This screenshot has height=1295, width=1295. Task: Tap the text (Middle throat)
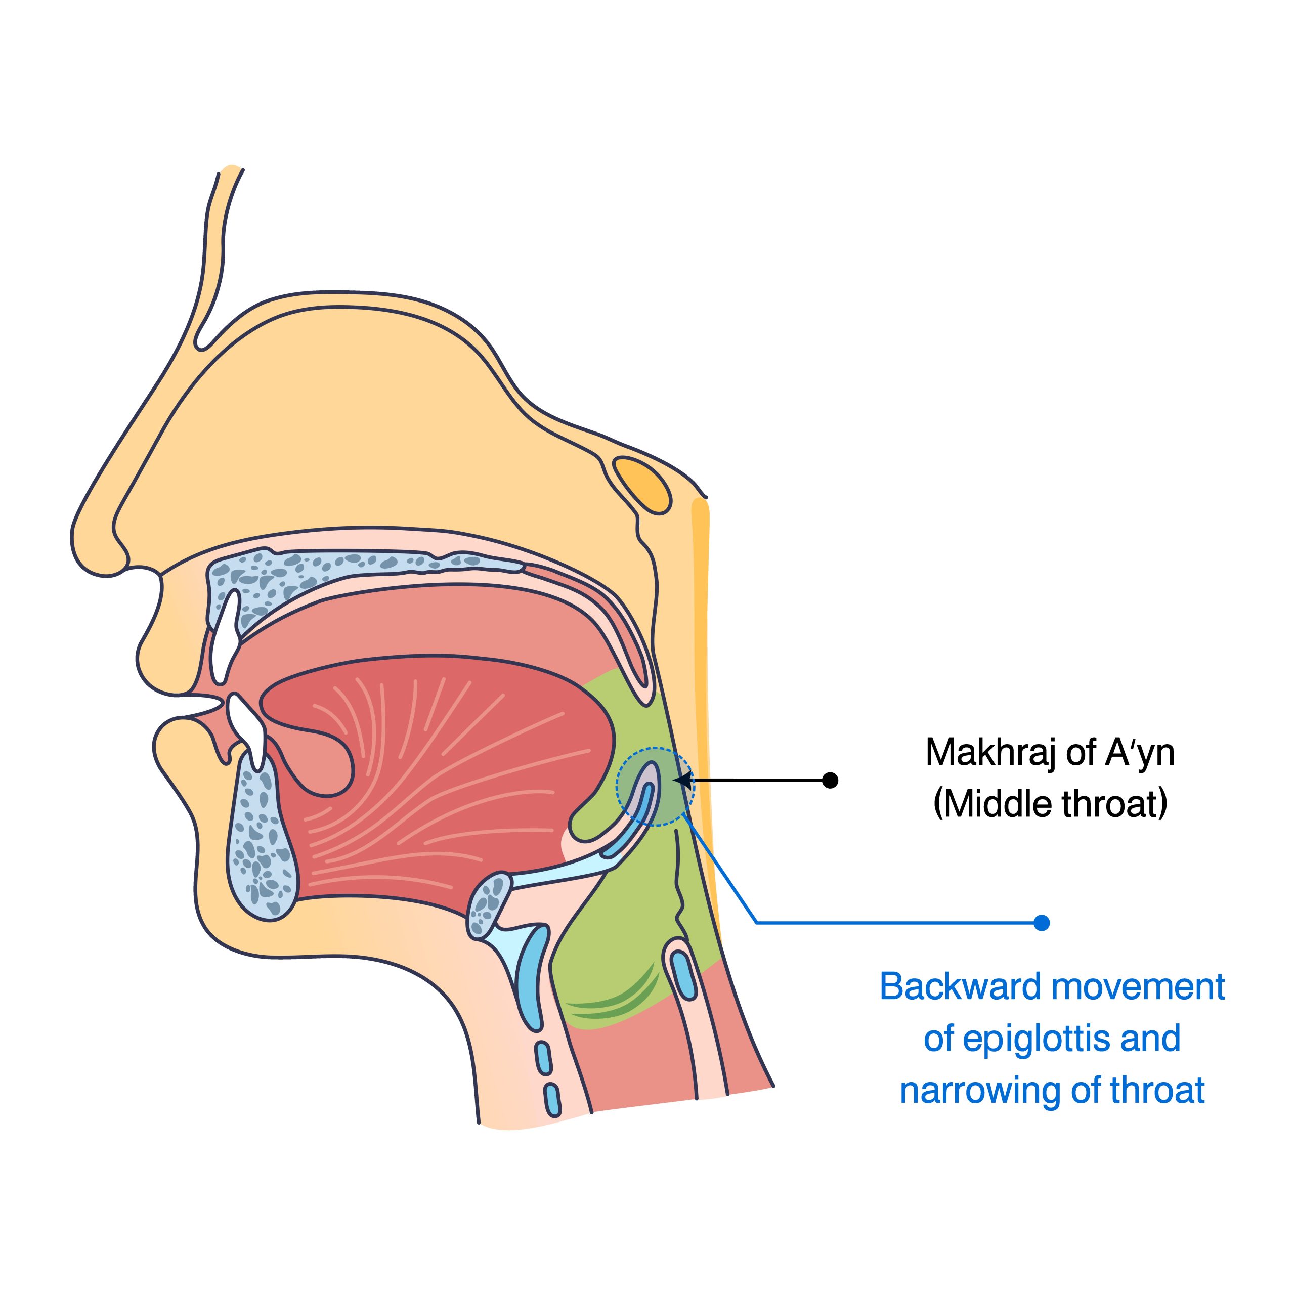tap(1050, 804)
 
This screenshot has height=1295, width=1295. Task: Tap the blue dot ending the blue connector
tap(1041, 923)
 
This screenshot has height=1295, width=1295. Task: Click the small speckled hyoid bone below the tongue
tap(489, 905)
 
